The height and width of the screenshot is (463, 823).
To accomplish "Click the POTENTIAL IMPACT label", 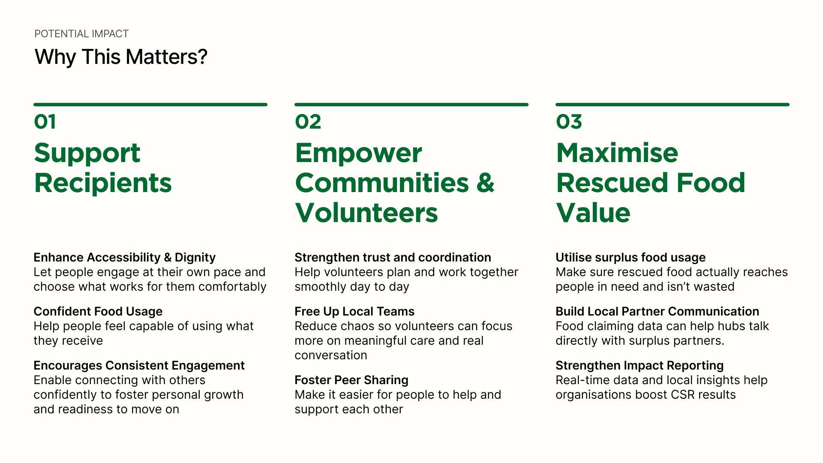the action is [81, 34].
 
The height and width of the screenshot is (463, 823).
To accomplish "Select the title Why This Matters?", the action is [121, 57].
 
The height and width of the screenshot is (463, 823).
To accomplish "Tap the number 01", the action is [45, 122].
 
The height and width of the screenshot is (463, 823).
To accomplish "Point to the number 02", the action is [308, 122].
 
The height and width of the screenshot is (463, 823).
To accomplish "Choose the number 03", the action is [569, 122].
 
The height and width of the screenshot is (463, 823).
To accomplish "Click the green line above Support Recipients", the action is [150, 105].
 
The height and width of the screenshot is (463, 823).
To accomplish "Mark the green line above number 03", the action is [673, 105].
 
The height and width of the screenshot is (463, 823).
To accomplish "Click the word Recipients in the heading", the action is [103, 183].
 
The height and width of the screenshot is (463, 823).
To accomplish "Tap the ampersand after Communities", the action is [485, 183].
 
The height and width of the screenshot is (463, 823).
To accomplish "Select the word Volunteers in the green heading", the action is [366, 213].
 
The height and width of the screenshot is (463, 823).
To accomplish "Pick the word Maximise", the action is [617, 153].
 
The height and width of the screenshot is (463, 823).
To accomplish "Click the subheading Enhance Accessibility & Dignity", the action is [125, 257].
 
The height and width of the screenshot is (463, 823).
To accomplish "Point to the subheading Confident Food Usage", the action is [98, 311].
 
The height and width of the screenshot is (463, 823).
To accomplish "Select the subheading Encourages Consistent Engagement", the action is [139, 365].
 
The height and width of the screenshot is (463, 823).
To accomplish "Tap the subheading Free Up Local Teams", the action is [354, 311].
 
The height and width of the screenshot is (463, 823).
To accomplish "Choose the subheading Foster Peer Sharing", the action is [351, 380].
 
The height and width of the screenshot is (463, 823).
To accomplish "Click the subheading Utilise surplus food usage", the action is [631, 257].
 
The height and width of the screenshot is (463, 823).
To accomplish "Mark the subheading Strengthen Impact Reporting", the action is [640, 365].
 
